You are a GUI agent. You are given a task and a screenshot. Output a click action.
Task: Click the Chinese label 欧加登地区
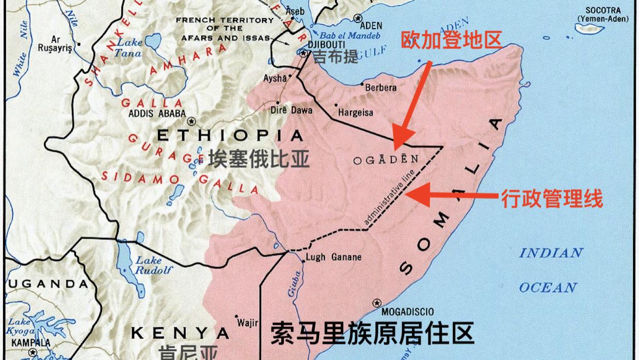click(x=452, y=39)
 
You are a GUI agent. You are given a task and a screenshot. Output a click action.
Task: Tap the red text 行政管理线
click(x=552, y=198)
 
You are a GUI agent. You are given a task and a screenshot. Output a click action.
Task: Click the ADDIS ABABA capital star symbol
click(x=192, y=121)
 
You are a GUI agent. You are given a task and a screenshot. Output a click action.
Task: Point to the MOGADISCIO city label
click(x=407, y=311)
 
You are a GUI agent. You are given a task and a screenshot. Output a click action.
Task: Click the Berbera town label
click(x=381, y=87)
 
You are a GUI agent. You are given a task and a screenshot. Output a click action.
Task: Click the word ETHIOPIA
click(x=230, y=136)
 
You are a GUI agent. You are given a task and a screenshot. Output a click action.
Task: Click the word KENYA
click(x=180, y=332)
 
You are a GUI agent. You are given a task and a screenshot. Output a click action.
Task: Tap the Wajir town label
click(x=248, y=323)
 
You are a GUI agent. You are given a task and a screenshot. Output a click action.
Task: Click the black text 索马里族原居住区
click(x=372, y=333)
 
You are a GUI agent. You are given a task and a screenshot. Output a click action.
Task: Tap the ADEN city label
click(x=371, y=25)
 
